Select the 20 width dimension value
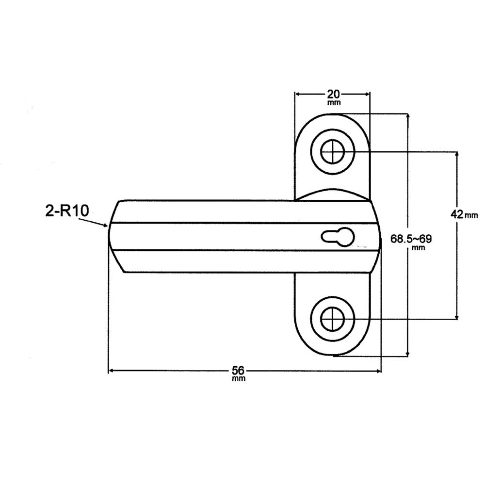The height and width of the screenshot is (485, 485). (333, 94)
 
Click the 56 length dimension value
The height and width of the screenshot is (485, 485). (238, 371)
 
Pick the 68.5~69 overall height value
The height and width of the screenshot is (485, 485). (411, 239)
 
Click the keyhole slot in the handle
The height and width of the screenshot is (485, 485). (338, 237)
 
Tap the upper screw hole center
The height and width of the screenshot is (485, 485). (333, 153)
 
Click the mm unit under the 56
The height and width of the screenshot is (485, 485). (238, 379)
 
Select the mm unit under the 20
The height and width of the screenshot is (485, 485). (333, 102)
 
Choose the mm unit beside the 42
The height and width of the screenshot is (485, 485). (471, 215)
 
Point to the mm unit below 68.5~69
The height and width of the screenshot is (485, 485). (418, 247)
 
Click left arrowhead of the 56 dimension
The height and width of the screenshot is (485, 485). (110, 371)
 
